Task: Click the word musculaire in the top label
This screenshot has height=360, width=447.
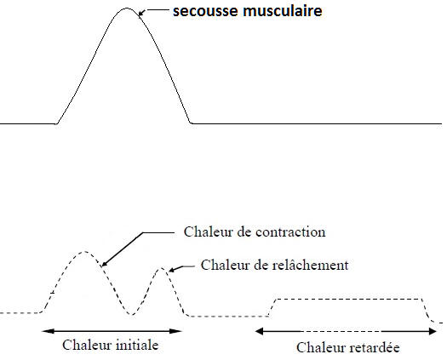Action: (283, 11)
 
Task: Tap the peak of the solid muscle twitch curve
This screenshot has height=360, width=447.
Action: (127, 9)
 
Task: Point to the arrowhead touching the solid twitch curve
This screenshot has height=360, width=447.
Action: (141, 13)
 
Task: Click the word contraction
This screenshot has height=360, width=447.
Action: (290, 232)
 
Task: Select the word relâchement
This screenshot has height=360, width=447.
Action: (310, 265)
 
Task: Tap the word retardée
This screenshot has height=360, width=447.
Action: (375, 347)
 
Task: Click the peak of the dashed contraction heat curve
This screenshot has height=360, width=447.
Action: (85, 252)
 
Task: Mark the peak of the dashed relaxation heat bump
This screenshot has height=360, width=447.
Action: (162, 268)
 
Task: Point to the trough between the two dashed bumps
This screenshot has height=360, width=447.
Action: (131, 314)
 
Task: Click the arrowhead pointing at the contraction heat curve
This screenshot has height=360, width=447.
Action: (105, 264)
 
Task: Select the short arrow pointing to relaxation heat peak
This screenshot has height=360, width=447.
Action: (181, 267)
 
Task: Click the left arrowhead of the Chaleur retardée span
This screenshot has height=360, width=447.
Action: (259, 331)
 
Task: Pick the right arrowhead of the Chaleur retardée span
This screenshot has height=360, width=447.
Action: (433, 331)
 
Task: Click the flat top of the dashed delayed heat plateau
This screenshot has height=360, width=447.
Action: (349, 299)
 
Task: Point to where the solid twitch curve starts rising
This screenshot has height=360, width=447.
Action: (56, 123)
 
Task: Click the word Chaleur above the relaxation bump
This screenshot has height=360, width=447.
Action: (221, 265)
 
